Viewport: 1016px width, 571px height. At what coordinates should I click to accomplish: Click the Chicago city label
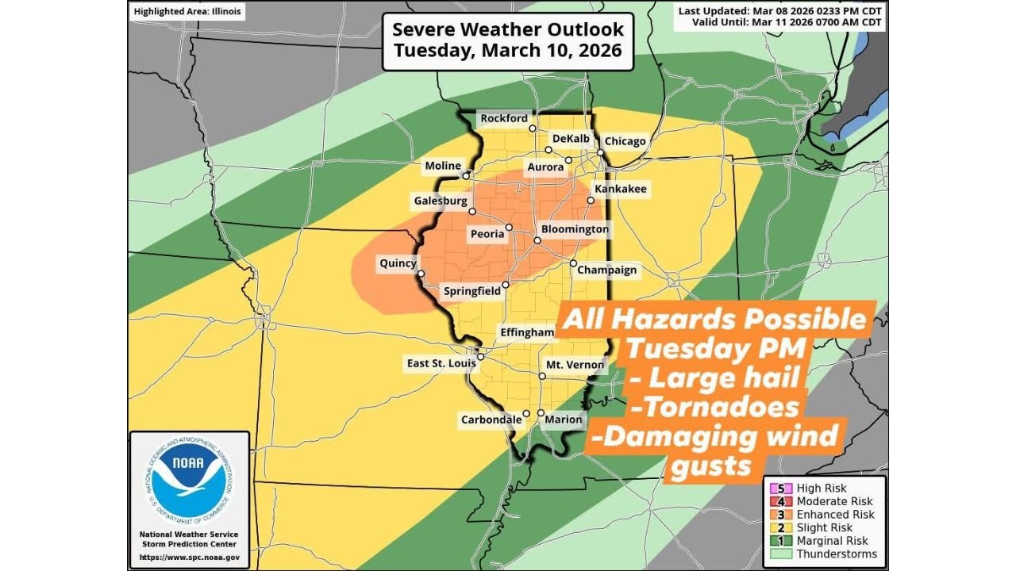pos(625,141)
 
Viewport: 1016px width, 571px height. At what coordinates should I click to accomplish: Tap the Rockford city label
pos(504,118)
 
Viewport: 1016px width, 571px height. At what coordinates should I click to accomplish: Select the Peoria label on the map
pos(487,234)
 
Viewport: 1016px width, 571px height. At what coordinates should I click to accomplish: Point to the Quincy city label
pos(398,263)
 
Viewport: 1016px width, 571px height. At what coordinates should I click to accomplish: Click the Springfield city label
pos(472,291)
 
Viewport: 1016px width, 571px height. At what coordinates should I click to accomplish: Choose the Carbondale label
pos(491,420)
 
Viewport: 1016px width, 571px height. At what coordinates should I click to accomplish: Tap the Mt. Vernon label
pos(575,366)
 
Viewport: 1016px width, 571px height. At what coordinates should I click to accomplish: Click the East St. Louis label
pos(441,363)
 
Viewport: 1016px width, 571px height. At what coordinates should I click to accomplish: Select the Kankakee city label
pos(621,189)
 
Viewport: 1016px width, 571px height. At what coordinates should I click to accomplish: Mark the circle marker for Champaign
pos(573,263)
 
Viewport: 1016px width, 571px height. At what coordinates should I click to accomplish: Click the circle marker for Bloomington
pos(537,240)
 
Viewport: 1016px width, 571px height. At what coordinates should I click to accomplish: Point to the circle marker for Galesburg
pos(471,212)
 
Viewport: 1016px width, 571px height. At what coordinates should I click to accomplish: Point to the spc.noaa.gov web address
pos(188,557)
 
